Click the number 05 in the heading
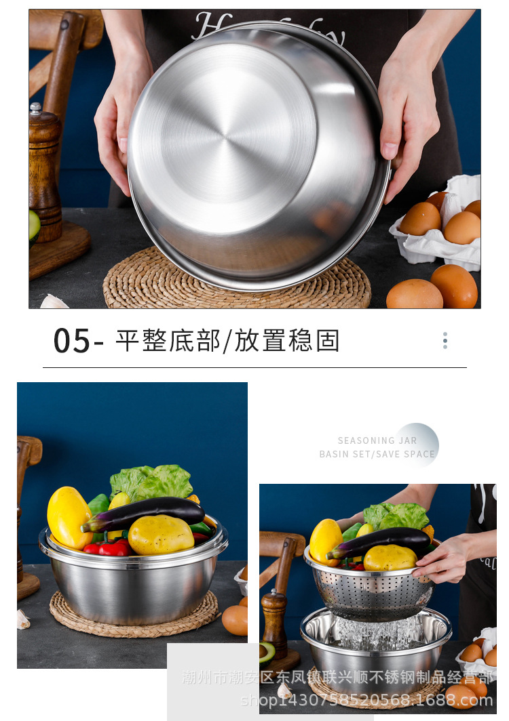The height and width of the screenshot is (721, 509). coord(71,340)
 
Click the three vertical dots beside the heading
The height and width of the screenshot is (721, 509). coord(445,340)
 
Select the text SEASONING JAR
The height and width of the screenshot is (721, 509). coord(377,440)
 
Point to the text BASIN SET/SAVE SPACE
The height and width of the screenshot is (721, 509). coord(377,454)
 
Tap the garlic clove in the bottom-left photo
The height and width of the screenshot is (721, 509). coord(22,619)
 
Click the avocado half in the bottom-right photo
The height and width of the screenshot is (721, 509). coord(267,652)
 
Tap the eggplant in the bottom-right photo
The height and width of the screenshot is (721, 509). coord(380,539)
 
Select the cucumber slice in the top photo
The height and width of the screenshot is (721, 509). coord(34,227)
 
